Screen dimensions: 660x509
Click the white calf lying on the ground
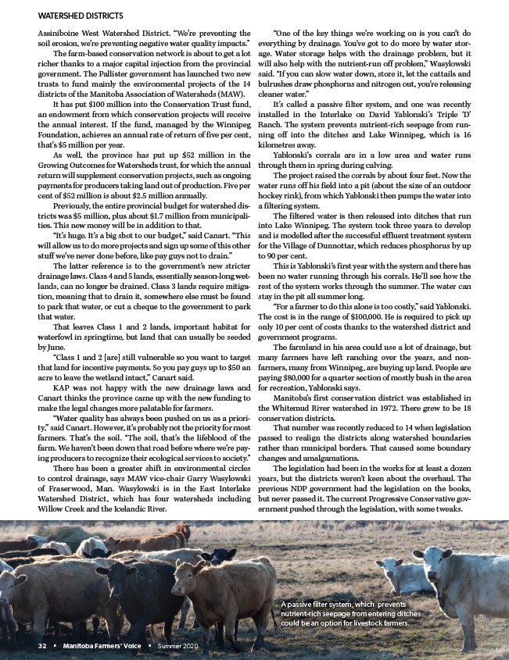pyautogui.click(x=403, y=577)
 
